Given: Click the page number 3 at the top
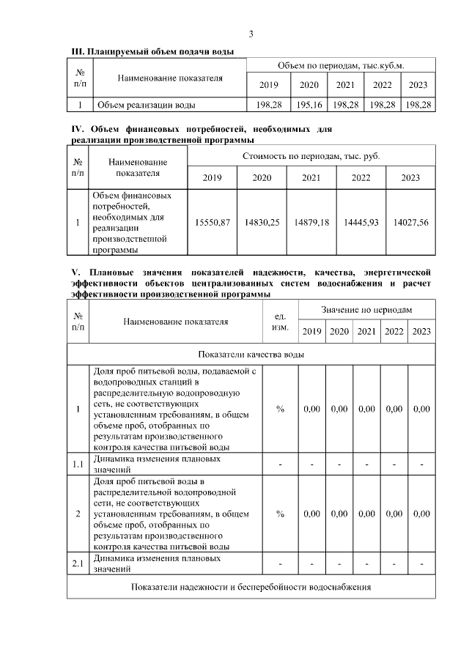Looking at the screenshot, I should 251,34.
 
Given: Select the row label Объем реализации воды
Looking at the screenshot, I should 147,105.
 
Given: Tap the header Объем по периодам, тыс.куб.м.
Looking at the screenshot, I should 341,67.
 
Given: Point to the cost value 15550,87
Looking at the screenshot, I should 213,223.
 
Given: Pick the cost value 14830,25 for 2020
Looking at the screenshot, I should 262,223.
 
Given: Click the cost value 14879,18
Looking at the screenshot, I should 311,223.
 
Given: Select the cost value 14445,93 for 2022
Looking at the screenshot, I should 361,223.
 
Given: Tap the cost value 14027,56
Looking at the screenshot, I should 410,223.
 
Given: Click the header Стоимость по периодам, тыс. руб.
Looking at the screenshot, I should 311,157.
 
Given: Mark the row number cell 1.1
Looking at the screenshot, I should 78,464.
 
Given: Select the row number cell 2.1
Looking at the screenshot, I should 78,563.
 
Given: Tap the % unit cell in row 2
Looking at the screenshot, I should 280,514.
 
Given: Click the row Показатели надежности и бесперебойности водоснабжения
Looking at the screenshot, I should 251,587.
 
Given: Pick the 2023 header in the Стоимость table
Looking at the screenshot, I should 410,177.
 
